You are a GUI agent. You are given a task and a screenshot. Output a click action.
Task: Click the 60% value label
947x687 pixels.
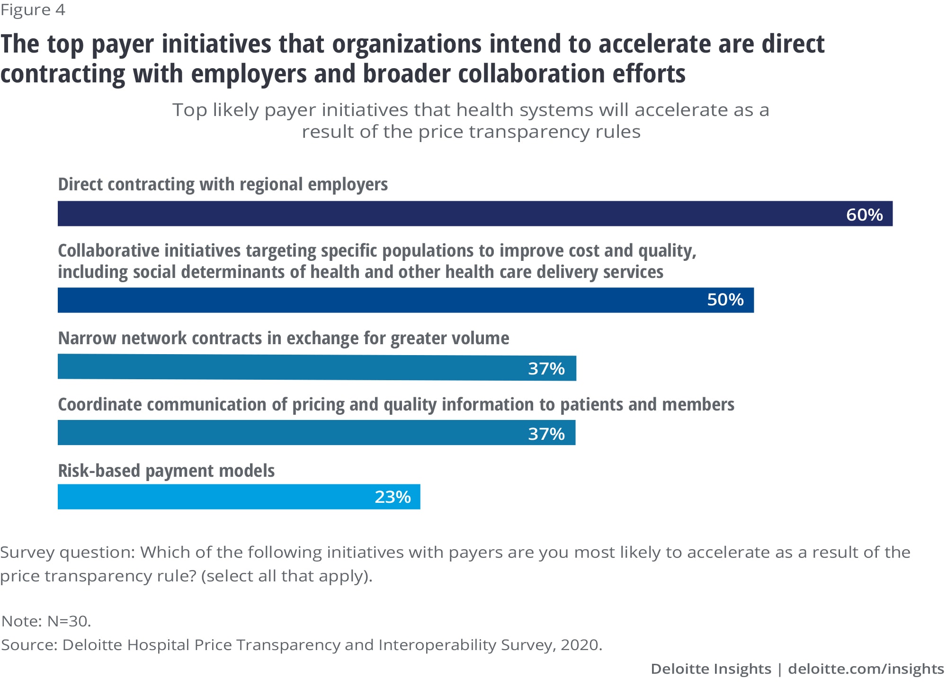click(x=864, y=215)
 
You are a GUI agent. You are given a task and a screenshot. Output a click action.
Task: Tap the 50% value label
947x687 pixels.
click(x=725, y=300)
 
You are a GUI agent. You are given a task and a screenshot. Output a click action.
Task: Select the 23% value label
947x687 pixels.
click(x=393, y=497)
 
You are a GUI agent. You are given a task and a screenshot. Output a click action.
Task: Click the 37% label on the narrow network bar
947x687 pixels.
click(x=546, y=369)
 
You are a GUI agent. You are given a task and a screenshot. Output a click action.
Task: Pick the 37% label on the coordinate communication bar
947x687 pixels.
click(x=546, y=434)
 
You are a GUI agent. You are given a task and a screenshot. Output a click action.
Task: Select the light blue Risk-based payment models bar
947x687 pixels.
click(x=213, y=497)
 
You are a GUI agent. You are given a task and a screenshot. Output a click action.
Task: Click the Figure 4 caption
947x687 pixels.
click(x=33, y=10)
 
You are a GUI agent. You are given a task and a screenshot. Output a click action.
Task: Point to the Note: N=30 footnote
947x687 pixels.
click(x=46, y=621)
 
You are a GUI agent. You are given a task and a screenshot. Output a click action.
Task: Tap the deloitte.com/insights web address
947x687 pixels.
click(x=866, y=669)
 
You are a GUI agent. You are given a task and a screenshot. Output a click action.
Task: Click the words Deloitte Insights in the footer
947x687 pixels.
click(x=711, y=669)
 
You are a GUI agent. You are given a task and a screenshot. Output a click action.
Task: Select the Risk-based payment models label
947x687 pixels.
click(x=166, y=471)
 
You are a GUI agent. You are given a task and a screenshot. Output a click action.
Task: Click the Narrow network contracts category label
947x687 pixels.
click(x=283, y=338)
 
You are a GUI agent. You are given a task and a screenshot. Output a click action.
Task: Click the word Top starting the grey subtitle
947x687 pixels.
click(x=189, y=110)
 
